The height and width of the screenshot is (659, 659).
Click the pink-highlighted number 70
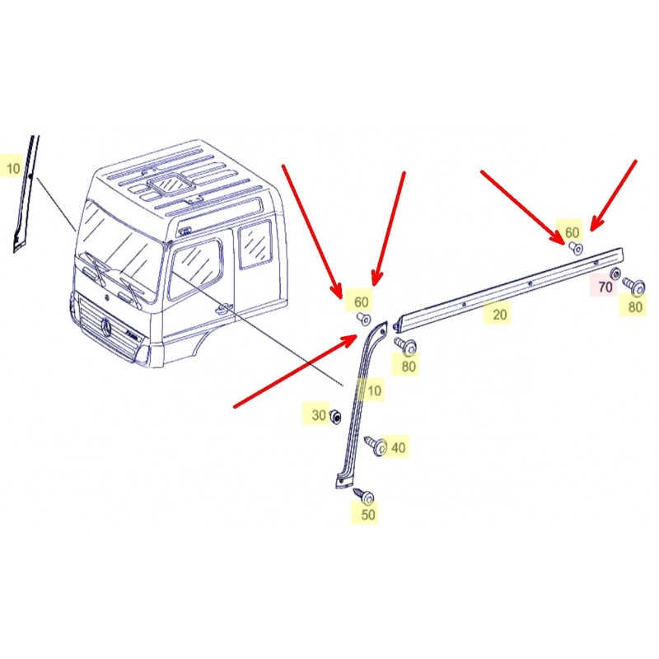[605, 287]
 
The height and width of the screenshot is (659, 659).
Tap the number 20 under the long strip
[499, 315]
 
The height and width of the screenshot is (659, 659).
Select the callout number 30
[319, 415]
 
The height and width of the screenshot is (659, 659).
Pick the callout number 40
[398, 447]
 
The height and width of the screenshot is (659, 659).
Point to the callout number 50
[368, 514]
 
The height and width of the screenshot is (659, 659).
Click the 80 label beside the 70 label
[635, 306]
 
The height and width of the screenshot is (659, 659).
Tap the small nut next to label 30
[335, 417]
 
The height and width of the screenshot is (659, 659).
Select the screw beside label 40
[376, 446]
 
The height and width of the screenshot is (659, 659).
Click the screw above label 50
[363, 495]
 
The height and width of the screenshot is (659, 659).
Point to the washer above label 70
[615, 273]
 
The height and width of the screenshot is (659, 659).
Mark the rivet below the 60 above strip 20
[576, 248]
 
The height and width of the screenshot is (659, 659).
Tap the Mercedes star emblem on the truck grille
[106, 327]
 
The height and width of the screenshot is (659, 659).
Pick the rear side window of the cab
[255, 245]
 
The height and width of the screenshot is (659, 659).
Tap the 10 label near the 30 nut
[374, 390]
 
